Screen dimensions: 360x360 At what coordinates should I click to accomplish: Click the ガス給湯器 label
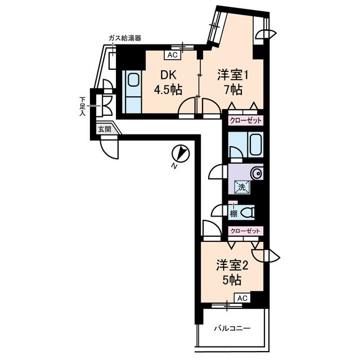125,38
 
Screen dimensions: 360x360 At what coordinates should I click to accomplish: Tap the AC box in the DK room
173,55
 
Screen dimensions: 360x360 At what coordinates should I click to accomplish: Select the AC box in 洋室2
241,298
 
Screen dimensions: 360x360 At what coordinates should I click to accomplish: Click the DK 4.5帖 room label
168,82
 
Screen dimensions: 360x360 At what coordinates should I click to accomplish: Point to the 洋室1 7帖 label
232,82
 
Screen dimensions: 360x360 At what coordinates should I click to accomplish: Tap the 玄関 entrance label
104,129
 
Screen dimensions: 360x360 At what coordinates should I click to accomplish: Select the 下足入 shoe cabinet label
82,106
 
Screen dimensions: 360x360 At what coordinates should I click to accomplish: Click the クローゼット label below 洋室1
245,120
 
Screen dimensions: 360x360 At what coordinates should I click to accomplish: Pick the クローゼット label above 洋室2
245,231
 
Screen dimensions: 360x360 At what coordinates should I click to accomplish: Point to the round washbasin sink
257,173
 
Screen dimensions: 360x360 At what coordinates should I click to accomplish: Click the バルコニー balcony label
232,328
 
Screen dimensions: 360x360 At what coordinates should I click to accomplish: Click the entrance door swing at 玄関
110,149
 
